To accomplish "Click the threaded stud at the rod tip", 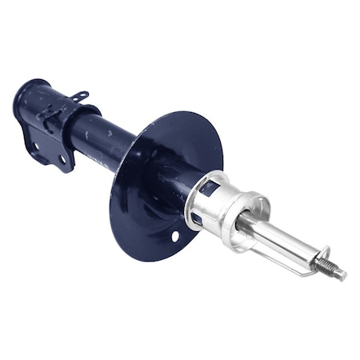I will [331, 268].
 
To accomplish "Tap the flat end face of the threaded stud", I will [343, 276].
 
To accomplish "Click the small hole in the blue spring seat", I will [174, 237].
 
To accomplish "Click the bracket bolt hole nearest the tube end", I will [35, 146].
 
